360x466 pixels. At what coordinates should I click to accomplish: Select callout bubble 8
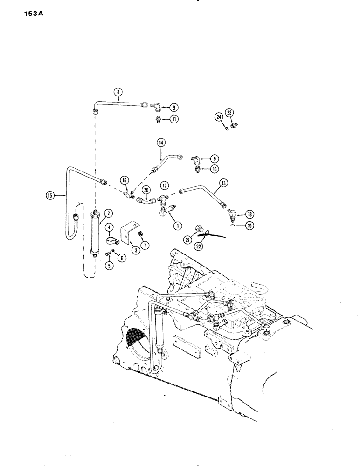(x=118, y=92)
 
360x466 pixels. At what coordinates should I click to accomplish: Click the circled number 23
(x=229, y=112)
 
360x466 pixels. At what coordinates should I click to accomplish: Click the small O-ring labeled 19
(x=233, y=227)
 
